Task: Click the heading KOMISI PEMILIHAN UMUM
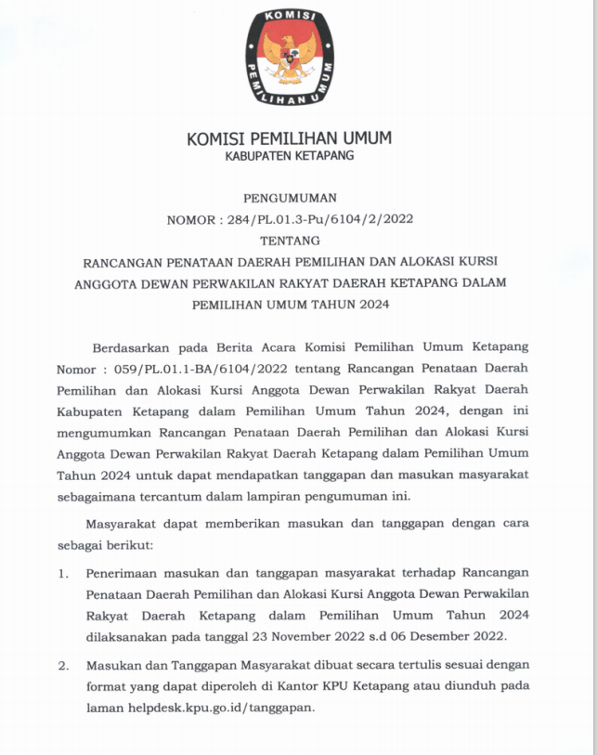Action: coord(290,138)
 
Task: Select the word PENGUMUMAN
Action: coord(290,199)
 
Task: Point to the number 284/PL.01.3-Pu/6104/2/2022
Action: coord(317,220)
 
